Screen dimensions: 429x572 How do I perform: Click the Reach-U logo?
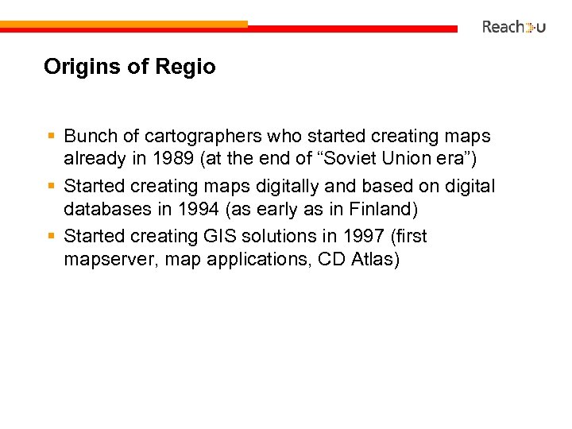[513, 27]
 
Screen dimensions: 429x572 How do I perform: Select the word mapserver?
[110, 258]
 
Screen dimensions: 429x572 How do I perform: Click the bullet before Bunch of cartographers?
[51, 137]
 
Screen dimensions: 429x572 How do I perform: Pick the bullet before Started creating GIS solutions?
[51, 236]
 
